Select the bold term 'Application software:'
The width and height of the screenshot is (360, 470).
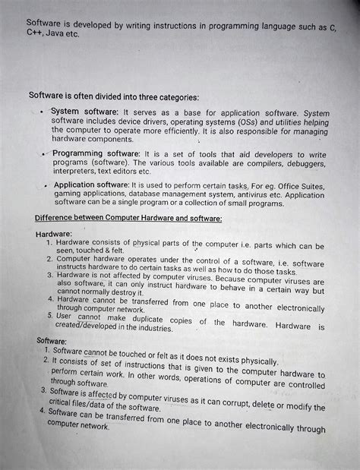point(91,185)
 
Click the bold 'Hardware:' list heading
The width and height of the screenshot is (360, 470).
point(54,235)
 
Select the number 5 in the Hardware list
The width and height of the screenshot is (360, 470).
point(49,315)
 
